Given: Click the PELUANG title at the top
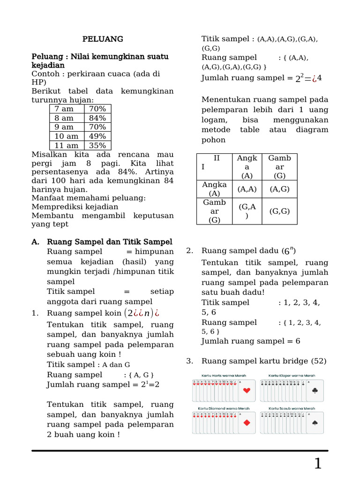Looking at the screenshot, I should tap(103, 39).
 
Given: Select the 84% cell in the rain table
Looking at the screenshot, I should tap(97, 118).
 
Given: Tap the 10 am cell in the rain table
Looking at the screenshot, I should tap(67, 136).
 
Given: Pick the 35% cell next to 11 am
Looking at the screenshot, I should tap(97, 145).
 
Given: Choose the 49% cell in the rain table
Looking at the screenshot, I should tap(97, 136).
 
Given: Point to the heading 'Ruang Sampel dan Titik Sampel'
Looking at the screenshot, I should tap(109, 242).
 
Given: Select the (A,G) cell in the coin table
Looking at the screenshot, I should tap(279, 189).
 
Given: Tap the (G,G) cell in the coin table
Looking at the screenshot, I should tap(279, 211).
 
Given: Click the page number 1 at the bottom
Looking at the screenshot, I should tap(318, 464).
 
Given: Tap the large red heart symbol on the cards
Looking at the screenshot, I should tap(247, 391).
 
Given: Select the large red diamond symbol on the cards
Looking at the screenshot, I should tap(247, 423).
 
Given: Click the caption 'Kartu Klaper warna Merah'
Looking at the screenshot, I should tap(291, 376).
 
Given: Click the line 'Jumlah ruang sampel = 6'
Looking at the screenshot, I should tap(251, 341).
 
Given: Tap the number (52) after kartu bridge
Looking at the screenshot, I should tap(319, 361).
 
